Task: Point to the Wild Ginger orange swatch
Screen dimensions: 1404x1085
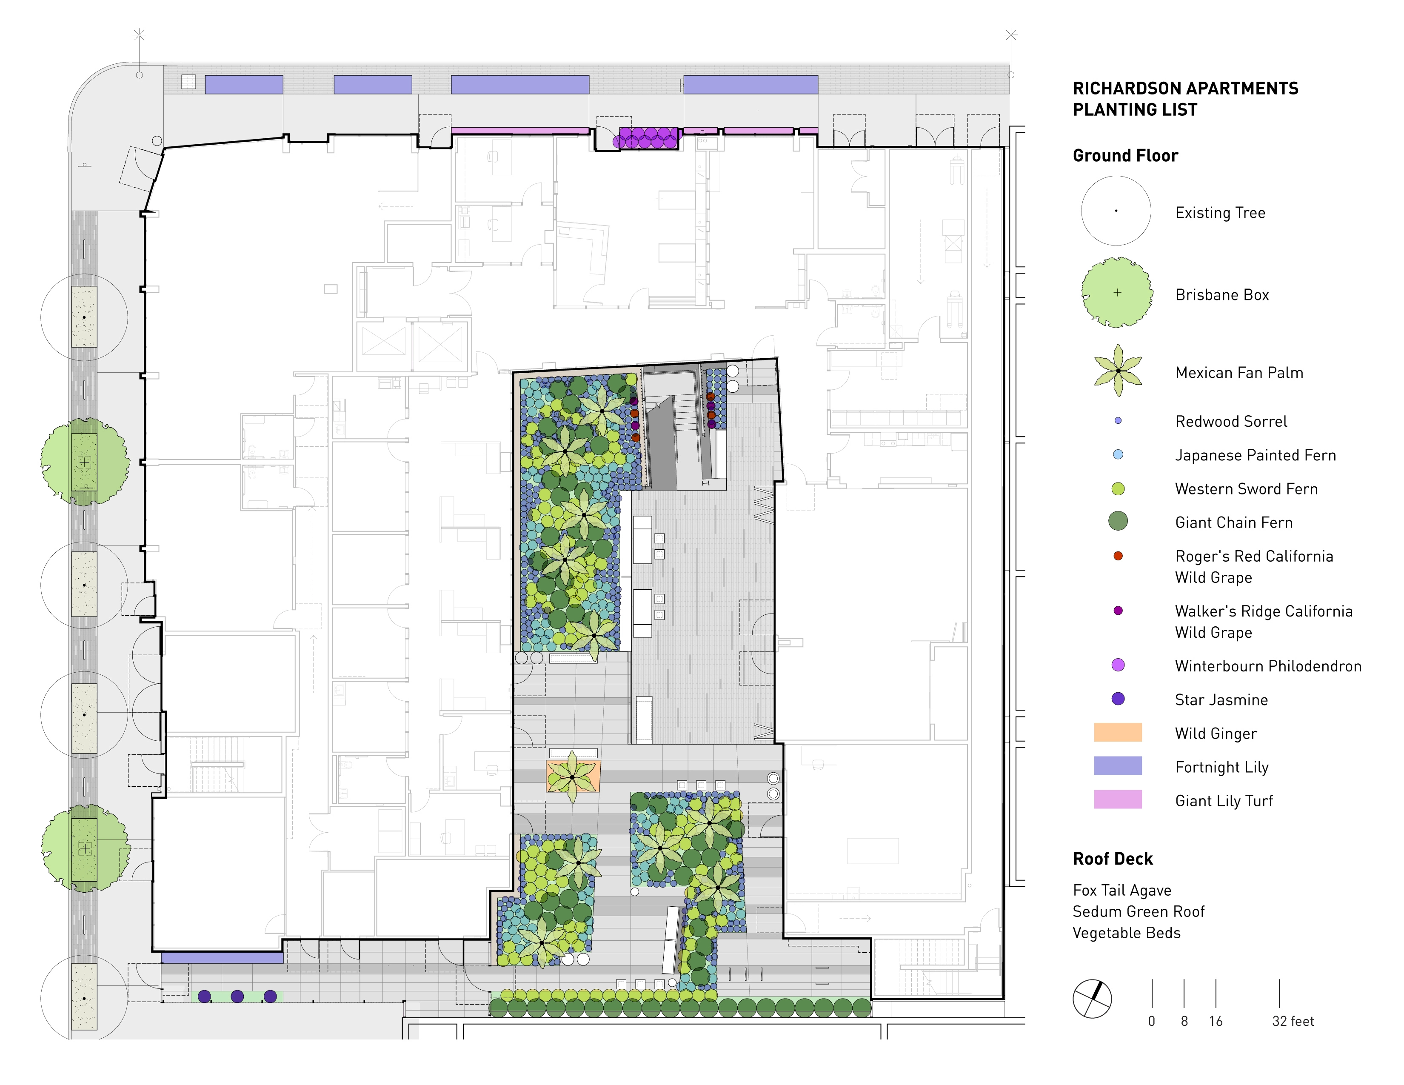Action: click(x=1118, y=732)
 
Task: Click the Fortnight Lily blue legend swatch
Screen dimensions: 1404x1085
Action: click(x=1118, y=765)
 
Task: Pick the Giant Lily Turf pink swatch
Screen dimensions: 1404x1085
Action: click(x=1118, y=799)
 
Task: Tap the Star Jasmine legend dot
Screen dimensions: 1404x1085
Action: click(x=1118, y=699)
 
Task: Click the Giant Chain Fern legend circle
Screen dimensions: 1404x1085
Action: click(x=1118, y=521)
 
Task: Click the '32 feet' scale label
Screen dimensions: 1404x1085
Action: click(x=1293, y=1021)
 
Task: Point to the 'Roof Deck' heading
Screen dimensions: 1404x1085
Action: click(x=1113, y=859)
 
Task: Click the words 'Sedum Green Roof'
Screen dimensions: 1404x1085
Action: click(x=1139, y=911)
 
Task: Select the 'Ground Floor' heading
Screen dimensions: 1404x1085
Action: click(x=1126, y=156)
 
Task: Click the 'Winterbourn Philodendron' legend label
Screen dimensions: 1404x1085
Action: click(x=1268, y=666)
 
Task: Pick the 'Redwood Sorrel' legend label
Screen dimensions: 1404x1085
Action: click(x=1231, y=422)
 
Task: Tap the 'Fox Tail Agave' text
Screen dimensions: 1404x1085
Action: click(x=1122, y=890)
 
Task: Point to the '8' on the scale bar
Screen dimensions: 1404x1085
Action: click(x=1184, y=1021)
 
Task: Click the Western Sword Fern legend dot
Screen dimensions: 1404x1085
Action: click(x=1118, y=488)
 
